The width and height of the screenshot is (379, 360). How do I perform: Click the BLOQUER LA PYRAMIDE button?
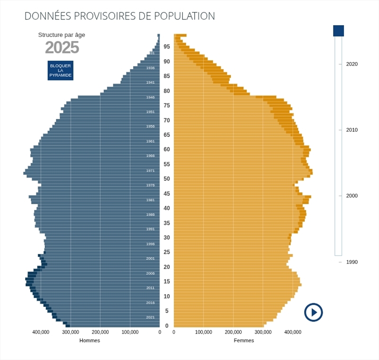(x=60, y=70)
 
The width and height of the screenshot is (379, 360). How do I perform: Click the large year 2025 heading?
(x=62, y=48)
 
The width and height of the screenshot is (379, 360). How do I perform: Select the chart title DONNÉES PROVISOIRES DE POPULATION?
(x=119, y=16)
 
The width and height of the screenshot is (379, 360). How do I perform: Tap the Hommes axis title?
(x=90, y=340)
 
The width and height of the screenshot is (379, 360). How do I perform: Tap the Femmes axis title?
(x=244, y=340)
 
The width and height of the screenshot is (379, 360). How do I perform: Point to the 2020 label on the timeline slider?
(x=352, y=64)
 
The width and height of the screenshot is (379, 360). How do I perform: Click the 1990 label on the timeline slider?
(x=352, y=262)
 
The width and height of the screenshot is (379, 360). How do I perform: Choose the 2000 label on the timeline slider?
(x=352, y=196)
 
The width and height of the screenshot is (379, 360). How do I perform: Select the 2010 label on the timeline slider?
(x=352, y=130)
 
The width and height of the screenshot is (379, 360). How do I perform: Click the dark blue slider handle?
(x=338, y=31)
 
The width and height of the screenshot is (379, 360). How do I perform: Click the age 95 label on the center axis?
(x=167, y=46)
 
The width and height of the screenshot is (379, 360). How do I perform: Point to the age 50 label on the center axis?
(x=167, y=179)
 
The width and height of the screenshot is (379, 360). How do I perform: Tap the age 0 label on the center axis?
(x=167, y=326)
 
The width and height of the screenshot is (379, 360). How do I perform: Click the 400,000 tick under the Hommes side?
(x=41, y=332)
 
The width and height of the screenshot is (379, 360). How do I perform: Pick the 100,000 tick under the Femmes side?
(x=203, y=332)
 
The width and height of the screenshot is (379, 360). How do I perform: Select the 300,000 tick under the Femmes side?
(x=263, y=332)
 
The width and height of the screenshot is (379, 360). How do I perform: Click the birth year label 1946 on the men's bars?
(x=150, y=97)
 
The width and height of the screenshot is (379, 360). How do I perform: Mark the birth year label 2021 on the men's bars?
(x=150, y=317)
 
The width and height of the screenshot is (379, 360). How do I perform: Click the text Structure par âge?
(x=62, y=35)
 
